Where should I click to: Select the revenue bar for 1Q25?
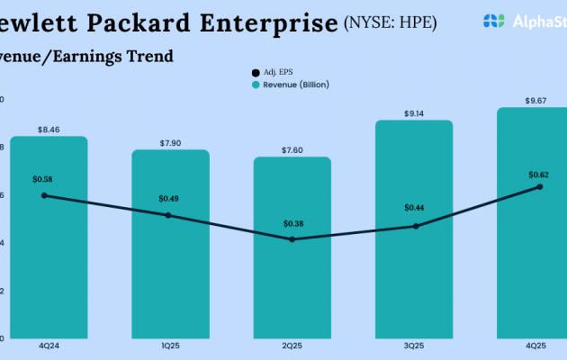(169, 279)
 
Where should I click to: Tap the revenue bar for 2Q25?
(292, 288)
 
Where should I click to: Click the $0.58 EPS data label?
(43, 180)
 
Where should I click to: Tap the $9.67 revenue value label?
(537, 100)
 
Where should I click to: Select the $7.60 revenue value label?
(292, 149)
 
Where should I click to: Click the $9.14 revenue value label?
(415, 112)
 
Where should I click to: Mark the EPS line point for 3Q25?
(415, 226)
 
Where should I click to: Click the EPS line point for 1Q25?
(168, 215)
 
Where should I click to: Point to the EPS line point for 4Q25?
(539, 186)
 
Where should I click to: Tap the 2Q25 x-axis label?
(292, 345)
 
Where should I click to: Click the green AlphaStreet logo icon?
(493, 20)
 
